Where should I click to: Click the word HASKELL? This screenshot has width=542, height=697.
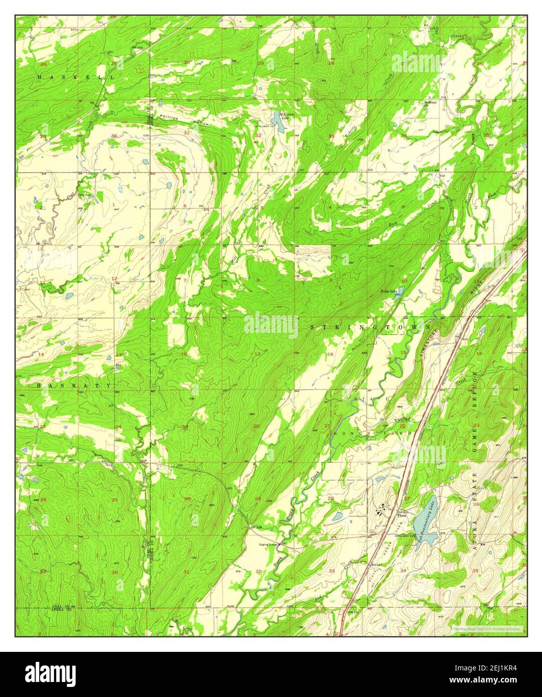(x=75, y=77)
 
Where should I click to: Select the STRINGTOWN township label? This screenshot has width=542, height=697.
(x=371, y=327)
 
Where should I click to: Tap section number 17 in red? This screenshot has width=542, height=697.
(x=257, y=355)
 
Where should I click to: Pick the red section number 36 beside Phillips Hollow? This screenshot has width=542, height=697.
(x=115, y=136)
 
